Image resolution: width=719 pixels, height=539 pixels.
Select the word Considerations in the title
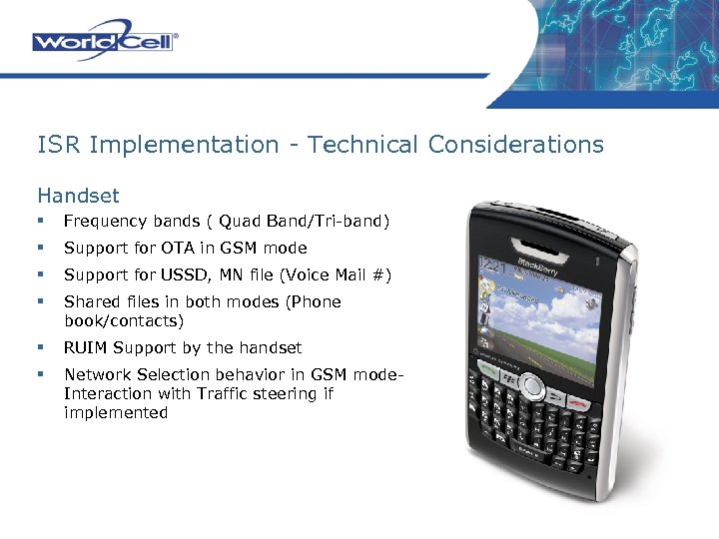[x=515, y=145]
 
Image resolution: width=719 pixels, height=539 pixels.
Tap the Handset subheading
[x=78, y=196]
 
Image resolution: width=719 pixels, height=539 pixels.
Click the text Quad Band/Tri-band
[x=304, y=222]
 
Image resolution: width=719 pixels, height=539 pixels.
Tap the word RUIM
[x=87, y=347]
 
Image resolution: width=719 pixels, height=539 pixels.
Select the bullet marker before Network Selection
[x=41, y=374]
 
